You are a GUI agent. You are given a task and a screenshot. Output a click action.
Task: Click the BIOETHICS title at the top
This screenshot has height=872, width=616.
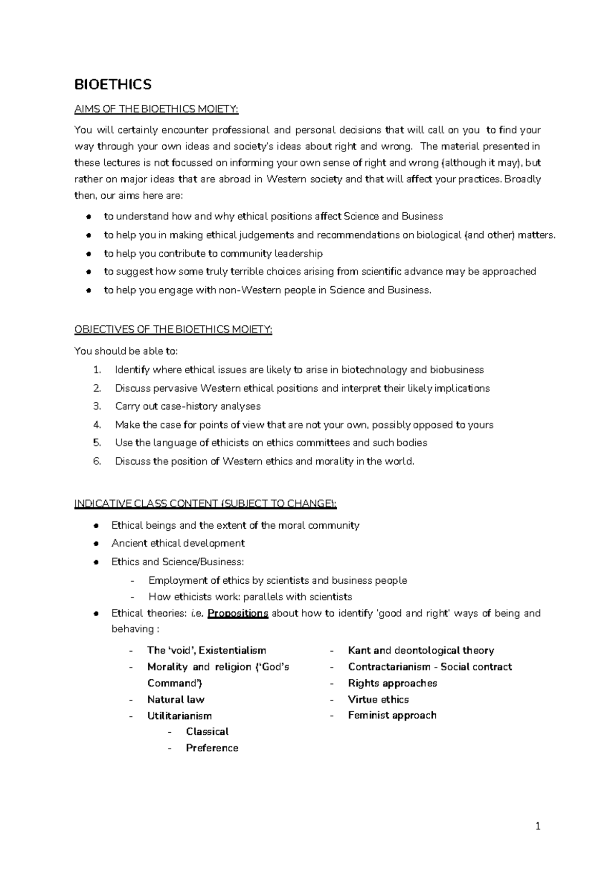tap(113, 84)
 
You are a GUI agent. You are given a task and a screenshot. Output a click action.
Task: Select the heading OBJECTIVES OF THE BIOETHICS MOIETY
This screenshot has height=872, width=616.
tap(173, 329)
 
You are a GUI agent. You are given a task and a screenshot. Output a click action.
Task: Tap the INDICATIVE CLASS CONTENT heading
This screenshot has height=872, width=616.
tap(205, 504)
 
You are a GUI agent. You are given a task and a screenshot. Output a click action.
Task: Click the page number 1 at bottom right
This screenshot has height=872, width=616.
tap(537, 827)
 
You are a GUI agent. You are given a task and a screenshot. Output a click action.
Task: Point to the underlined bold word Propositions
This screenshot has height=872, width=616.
tap(238, 613)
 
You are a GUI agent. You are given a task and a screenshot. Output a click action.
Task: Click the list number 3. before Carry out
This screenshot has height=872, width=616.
tap(98, 406)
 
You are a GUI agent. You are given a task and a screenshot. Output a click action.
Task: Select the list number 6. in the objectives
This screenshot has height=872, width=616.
tap(98, 461)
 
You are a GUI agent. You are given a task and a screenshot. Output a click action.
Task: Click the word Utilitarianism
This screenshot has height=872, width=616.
tap(179, 716)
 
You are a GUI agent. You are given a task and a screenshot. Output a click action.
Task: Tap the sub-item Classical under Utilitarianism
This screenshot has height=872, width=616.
tap(207, 731)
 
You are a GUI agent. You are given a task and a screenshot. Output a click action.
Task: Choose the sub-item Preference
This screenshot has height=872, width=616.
tap(212, 748)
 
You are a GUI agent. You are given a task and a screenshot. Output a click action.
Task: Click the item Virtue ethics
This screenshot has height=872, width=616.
tap(378, 699)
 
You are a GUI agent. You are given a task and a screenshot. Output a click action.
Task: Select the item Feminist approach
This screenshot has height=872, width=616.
tap(392, 715)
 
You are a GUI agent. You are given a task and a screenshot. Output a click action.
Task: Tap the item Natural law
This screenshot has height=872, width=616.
tap(176, 699)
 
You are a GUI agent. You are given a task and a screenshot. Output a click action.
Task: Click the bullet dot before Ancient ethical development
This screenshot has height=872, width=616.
tap(96, 544)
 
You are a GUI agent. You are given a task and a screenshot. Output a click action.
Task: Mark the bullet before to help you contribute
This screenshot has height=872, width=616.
tap(89, 254)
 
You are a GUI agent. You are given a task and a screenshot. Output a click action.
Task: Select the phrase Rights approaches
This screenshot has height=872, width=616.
tap(392, 683)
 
